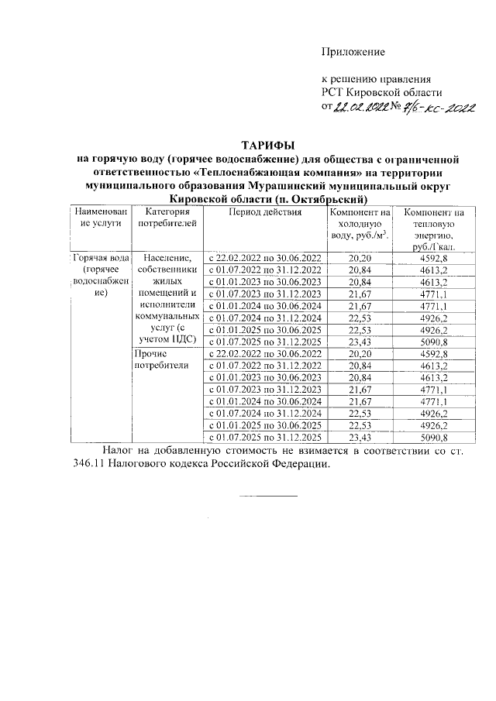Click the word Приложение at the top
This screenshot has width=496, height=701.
pyautogui.click(x=353, y=52)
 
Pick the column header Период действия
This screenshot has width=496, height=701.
pyautogui.click(x=262, y=212)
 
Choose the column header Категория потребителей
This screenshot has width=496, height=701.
pyautogui.click(x=164, y=218)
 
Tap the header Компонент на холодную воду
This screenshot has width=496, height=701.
pyautogui.click(x=359, y=224)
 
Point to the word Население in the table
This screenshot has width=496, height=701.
pyautogui.click(x=164, y=257)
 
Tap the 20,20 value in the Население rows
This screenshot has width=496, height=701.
pyautogui.click(x=360, y=257)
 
